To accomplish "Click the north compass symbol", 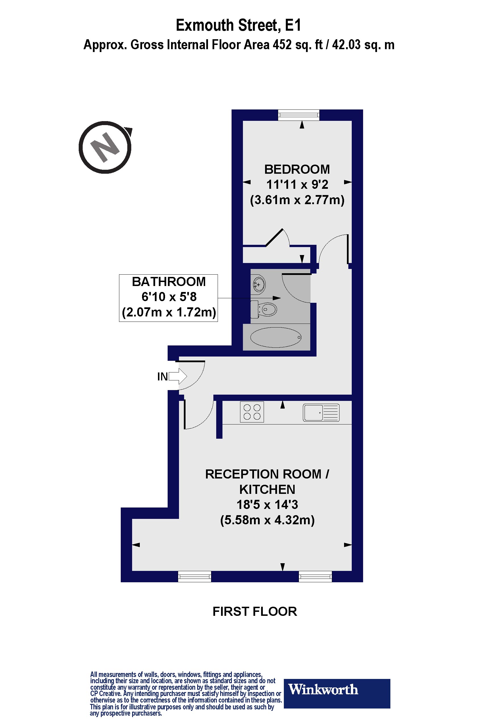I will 105,147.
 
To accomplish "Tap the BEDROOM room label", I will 297,169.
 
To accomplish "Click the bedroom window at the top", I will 299,115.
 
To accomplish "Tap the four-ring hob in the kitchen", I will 252,412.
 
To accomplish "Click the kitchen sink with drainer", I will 321,413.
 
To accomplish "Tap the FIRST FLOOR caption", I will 255,611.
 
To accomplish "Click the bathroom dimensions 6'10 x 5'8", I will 169,297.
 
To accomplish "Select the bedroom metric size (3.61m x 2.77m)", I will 297,200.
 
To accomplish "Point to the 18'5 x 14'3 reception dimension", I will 267,505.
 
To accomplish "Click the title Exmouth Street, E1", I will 238,25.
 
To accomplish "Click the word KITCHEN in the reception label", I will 267,489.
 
